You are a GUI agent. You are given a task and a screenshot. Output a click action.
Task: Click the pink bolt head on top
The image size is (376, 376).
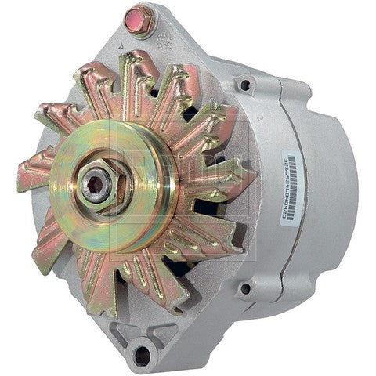click(139, 19)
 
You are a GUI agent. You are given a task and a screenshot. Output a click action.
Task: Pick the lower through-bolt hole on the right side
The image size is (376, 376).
click(245, 288)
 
